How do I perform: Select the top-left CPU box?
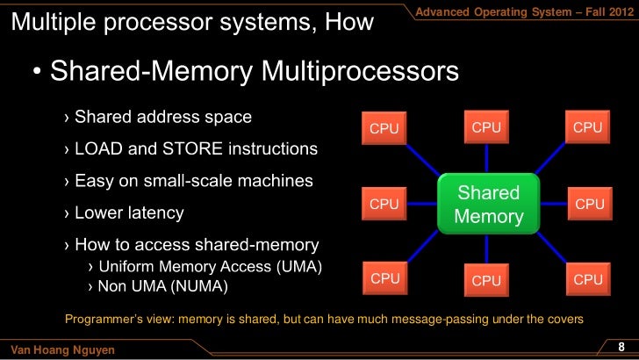(x=384, y=129)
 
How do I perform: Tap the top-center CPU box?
(x=486, y=127)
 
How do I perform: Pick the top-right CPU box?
(x=588, y=128)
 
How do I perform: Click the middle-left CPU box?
(x=384, y=204)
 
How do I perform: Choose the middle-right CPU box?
(x=589, y=205)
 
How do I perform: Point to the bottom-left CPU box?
(x=384, y=278)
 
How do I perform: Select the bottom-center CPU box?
(x=486, y=280)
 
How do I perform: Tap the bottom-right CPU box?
(x=588, y=279)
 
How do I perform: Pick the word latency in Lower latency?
(x=154, y=212)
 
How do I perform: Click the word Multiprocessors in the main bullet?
(x=360, y=73)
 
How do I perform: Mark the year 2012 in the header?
(x=614, y=10)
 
